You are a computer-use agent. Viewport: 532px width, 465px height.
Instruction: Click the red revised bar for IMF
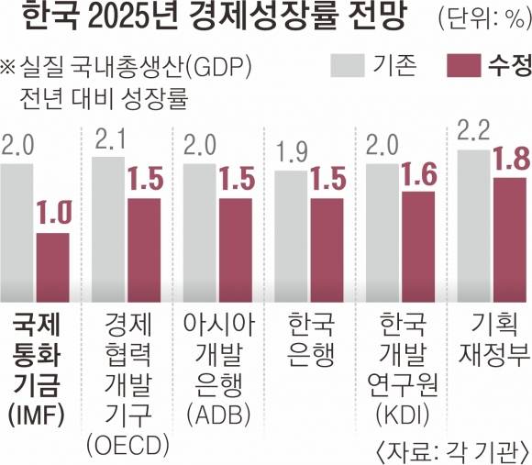pos(53,267)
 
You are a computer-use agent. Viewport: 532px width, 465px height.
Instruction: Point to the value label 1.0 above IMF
pos(53,216)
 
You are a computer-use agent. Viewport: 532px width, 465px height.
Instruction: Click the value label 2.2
pos(473,132)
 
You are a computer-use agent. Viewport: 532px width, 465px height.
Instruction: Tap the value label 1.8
pos(509,160)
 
